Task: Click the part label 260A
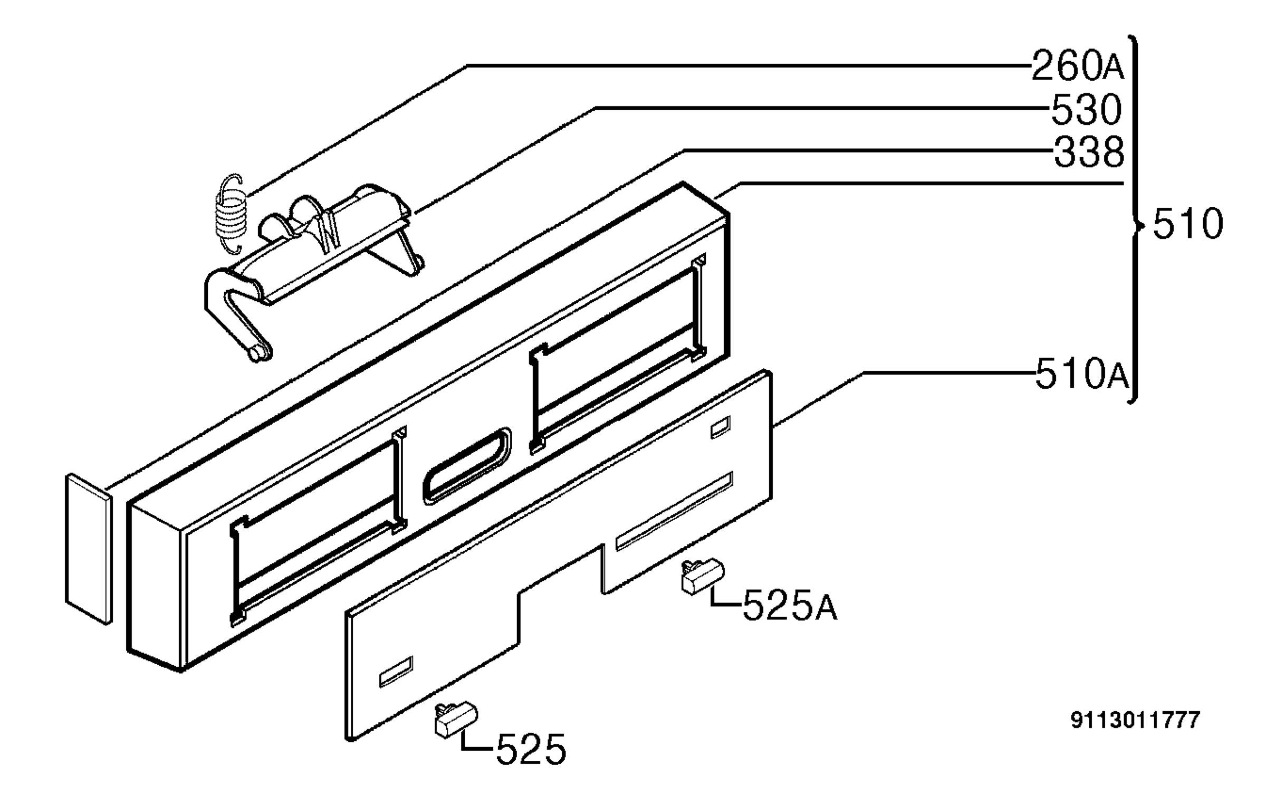pos(1077,66)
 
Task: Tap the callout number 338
pos(1089,152)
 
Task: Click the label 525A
pos(790,606)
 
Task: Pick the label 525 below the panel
pos(531,749)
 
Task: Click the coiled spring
pos(230,214)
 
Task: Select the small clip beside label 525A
pos(703,577)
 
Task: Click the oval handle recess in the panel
pos(467,466)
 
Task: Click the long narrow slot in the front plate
pos(674,511)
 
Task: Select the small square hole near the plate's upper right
pos(721,427)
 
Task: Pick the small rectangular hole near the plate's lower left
pos(396,672)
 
